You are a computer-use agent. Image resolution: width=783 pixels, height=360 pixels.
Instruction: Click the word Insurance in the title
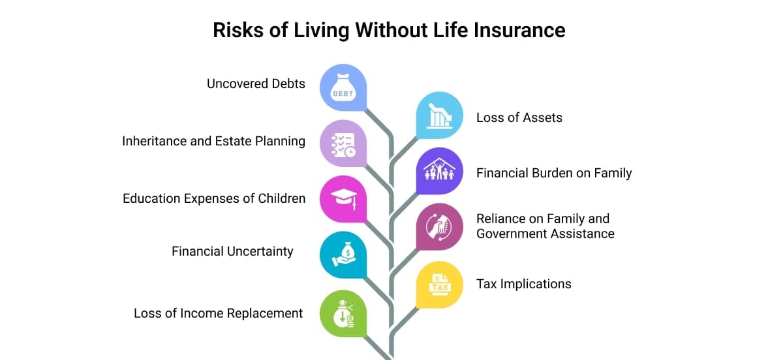[519, 30]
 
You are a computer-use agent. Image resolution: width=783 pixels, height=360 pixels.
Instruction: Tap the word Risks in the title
[238, 30]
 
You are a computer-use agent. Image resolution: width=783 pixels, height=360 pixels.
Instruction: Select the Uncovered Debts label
[256, 84]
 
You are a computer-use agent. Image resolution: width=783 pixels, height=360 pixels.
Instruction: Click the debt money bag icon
[343, 88]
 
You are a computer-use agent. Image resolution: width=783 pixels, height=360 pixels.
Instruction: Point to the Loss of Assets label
[519, 118]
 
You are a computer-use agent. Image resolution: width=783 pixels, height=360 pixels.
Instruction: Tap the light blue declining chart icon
[439, 115]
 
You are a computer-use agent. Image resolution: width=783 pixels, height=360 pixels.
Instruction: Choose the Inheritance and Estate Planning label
[213, 142]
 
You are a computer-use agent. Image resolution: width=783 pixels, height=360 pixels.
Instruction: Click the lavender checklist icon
[343, 144]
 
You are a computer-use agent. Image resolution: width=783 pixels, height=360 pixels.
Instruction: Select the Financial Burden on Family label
[554, 173]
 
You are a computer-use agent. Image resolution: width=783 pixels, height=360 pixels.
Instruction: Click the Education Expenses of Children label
[214, 198]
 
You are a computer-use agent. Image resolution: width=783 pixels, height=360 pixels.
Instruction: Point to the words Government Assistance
[545, 234]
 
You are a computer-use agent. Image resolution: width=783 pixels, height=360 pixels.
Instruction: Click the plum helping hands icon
[439, 227]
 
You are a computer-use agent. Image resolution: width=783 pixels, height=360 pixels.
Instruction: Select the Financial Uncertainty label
[232, 251]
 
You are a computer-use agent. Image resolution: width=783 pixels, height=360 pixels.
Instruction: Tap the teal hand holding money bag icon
[344, 254]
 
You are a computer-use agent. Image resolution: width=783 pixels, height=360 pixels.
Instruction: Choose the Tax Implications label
[523, 284]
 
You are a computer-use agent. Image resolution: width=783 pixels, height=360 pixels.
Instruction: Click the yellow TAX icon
[440, 285]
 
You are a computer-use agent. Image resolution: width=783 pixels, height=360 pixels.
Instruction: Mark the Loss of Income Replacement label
[218, 313]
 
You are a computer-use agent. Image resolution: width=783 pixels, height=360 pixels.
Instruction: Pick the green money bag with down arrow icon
[343, 314]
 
